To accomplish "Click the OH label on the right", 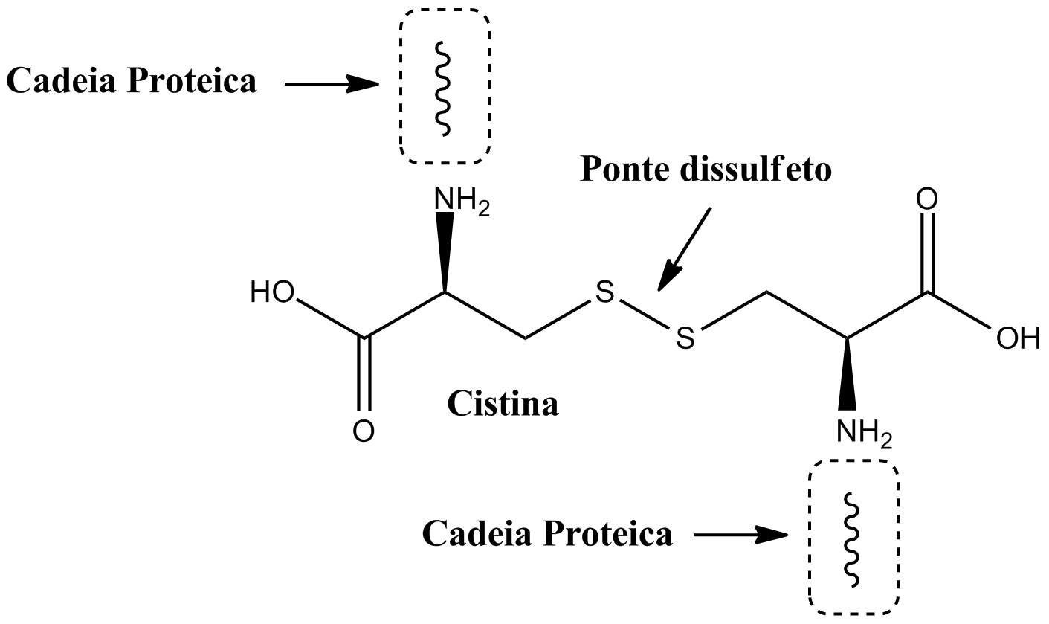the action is pyautogui.click(x=1018, y=338).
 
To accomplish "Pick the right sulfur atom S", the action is pyautogui.click(x=685, y=338).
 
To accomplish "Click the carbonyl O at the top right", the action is pyautogui.click(x=927, y=199).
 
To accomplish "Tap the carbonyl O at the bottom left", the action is pyautogui.click(x=364, y=431).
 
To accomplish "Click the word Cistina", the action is pyautogui.click(x=503, y=404).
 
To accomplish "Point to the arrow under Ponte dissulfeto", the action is pyautogui.click(x=684, y=249).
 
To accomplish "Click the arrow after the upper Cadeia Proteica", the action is pyautogui.click(x=332, y=84).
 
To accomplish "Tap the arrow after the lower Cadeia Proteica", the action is pyautogui.click(x=740, y=535).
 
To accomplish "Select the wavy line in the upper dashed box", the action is pyautogui.click(x=443, y=89).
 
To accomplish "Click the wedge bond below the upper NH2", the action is pyautogui.click(x=445, y=253).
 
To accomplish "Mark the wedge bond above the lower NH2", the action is pyautogui.click(x=848, y=374).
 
